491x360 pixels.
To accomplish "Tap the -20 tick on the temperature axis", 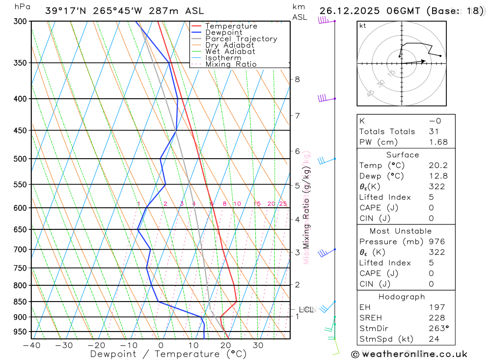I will click(x=96, y=345).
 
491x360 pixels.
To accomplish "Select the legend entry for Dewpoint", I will click(x=224, y=32).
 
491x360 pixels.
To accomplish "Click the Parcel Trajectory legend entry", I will click(x=241, y=39).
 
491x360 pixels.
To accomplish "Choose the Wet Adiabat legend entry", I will click(x=230, y=52).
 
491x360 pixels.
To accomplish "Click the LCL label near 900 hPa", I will click(x=306, y=309).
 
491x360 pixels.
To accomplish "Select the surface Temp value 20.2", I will click(x=438, y=166).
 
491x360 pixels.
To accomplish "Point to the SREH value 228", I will click(x=436, y=318).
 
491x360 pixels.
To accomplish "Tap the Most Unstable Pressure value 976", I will click(x=436, y=242).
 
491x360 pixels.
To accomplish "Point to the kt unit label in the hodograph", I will click(x=362, y=26).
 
